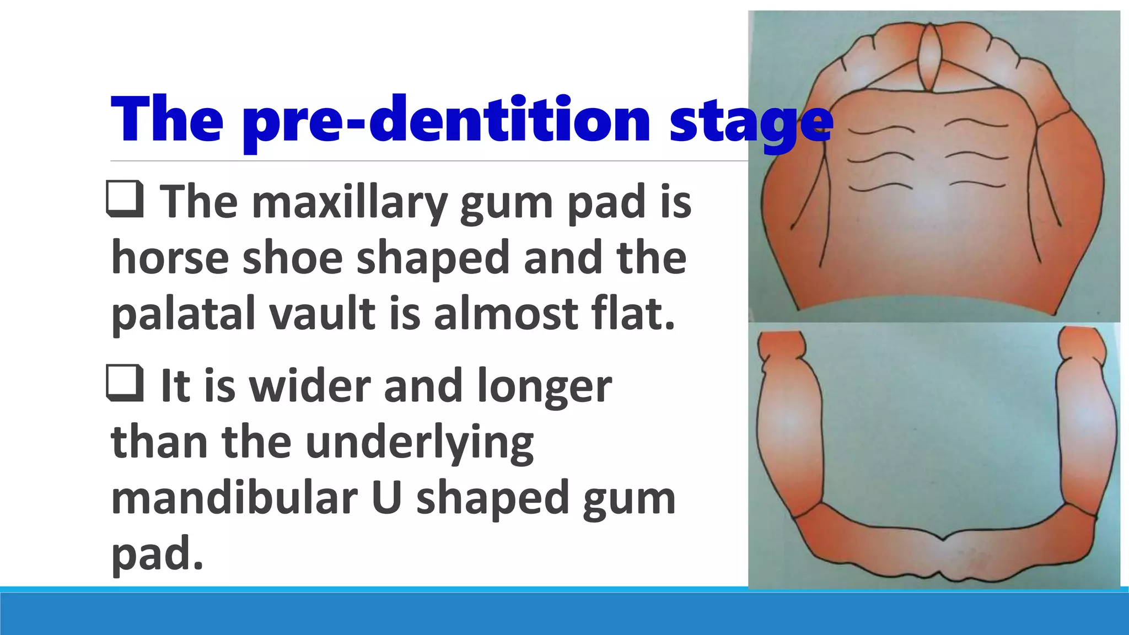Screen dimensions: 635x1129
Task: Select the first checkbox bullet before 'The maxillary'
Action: click(x=125, y=200)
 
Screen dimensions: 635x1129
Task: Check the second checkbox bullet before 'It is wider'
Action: click(x=125, y=384)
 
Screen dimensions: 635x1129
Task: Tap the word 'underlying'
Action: click(x=419, y=443)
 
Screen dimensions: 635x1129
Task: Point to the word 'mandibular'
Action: click(x=234, y=498)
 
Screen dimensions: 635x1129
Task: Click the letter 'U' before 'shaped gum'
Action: click(x=386, y=498)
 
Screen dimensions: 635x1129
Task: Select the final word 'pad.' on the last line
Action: click(x=157, y=555)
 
